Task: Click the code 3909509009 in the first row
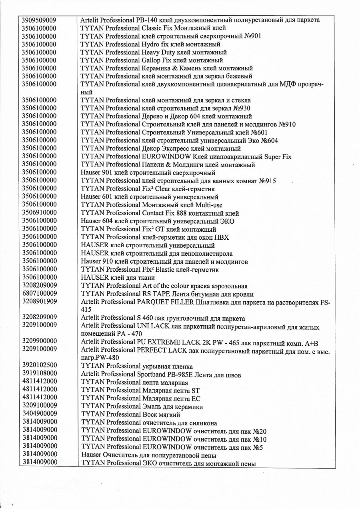pyautogui.click(x=39, y=20)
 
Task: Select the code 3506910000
pyautogui.click(x=39, y=213)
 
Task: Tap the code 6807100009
pyautogui.click(x=39, y=294)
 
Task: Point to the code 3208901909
pyautogui.click(x=39, y=302)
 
